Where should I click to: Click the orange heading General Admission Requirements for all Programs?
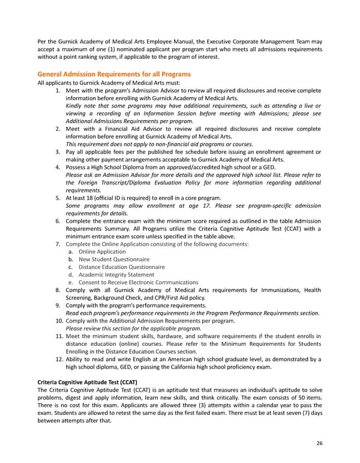pyautogui.click(x=115, y=74)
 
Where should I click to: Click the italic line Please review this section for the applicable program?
pyautogui.click(x=133, y=328)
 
